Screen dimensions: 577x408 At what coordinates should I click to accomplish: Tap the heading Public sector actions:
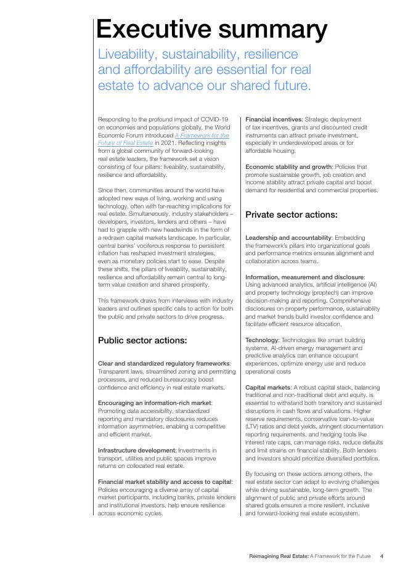142,340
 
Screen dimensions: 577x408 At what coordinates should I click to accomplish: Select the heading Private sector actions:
292,215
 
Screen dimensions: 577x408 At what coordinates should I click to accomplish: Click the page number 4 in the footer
382,556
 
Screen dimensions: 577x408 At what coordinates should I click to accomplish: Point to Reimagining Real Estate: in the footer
274,556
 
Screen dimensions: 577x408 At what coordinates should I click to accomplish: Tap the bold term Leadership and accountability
288,237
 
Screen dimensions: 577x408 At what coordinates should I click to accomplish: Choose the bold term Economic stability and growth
288,166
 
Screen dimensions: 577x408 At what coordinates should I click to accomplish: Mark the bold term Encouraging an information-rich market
155,403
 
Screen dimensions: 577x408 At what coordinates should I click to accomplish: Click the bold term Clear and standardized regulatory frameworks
164,363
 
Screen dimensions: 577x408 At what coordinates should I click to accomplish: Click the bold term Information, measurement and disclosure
305,277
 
